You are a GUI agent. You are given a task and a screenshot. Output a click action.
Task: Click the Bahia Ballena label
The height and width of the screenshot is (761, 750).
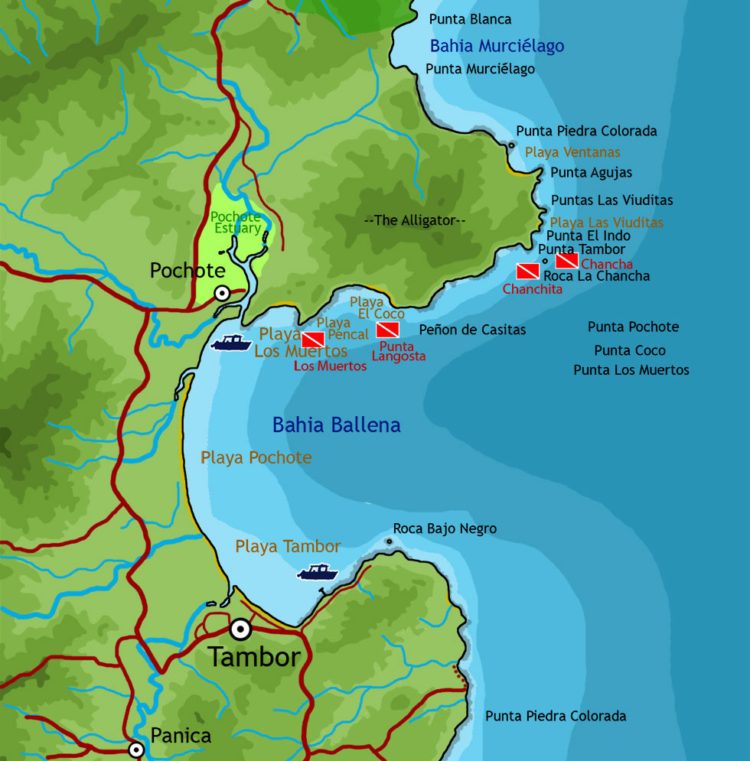[336, 425]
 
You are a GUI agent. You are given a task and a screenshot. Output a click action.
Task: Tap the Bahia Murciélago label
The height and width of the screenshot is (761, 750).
[497, 46]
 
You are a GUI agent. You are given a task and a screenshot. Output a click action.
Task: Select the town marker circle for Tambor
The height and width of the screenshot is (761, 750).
[240, 629]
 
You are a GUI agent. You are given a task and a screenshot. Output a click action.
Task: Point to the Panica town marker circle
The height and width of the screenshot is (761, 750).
[136, 750]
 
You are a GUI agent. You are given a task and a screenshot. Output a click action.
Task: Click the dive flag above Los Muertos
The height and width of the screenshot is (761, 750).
[313, 340]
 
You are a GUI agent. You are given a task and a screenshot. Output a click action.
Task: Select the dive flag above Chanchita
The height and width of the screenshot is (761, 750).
[528, 271]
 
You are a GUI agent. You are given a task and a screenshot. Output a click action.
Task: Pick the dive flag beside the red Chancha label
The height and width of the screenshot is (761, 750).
[566, 260]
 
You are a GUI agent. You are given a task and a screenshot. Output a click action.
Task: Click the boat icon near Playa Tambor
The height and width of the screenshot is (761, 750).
[318, 572]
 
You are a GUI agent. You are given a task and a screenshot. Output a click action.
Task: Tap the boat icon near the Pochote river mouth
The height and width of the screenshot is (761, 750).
[231, 343]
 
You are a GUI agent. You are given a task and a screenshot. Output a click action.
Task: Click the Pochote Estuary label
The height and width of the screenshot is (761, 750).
[236, 223]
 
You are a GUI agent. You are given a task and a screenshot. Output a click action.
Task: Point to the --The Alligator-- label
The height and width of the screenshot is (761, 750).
[415, 220]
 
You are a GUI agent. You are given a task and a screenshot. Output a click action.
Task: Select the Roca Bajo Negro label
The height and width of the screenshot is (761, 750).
[445, 528]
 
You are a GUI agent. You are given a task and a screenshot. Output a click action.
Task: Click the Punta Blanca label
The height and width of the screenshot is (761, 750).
[470, 19]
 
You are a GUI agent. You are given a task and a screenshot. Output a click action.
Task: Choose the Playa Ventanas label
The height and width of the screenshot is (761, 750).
[572, 152]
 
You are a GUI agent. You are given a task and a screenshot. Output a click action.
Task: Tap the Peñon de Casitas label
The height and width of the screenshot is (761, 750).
[472, 330]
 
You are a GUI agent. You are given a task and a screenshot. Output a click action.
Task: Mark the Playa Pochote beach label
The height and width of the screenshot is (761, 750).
[256, 457]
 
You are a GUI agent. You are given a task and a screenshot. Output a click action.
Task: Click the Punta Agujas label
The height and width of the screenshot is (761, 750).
[591, 173]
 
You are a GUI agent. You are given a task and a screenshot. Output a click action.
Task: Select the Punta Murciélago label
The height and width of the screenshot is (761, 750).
[480, 69]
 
